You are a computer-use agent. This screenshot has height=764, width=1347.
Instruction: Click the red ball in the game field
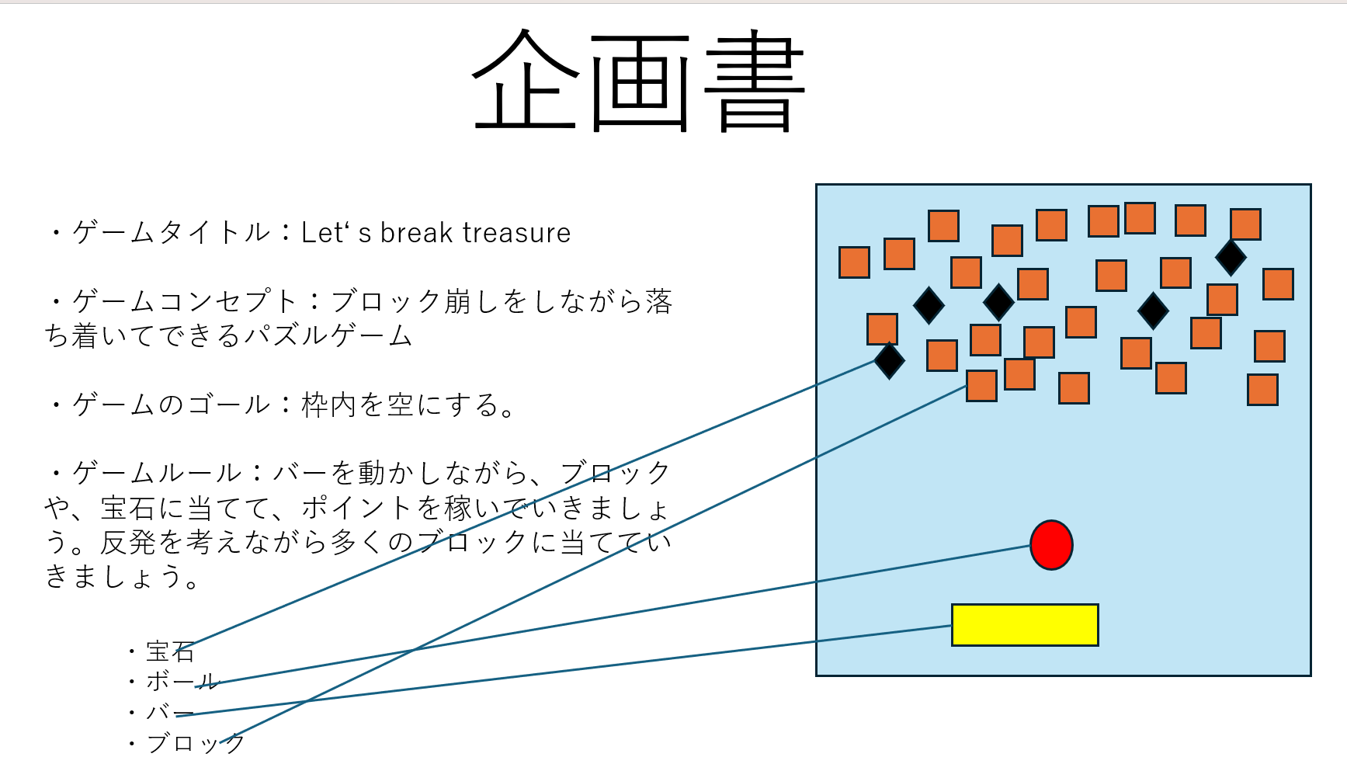[x=1051, y=545]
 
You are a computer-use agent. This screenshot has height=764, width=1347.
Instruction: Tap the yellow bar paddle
[x=1025, y=625]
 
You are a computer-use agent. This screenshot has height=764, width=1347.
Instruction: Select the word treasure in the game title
[x=516, y=233]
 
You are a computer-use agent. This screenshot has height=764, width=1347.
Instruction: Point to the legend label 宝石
[x=170, y=651]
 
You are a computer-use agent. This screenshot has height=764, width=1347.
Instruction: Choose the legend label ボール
[x=182, y=682]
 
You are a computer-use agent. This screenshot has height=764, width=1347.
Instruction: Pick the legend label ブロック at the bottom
[x=195, y=743]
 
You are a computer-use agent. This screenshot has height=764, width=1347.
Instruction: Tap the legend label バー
[x=170, y=712]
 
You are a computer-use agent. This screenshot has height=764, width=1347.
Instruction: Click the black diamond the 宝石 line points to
[x=889, y=360]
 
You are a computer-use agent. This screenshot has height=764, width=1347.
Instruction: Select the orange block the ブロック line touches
[x=981, y=386]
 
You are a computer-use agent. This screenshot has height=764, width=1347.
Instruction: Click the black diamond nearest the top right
[x=1231, y=257]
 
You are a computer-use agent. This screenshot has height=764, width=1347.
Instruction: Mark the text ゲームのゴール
[x=171, y=405]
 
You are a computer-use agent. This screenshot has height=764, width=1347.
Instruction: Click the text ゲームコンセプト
[x=185, y=301]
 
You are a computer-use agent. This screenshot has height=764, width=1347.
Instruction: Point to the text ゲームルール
[x=157, y=473]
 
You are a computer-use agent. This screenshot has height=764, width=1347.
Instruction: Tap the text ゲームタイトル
[x=171, y=233]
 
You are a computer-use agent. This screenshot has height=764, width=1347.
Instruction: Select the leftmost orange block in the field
[x=854, y=262]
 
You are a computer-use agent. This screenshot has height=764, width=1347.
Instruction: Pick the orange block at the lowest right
[x=1262, y=390]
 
